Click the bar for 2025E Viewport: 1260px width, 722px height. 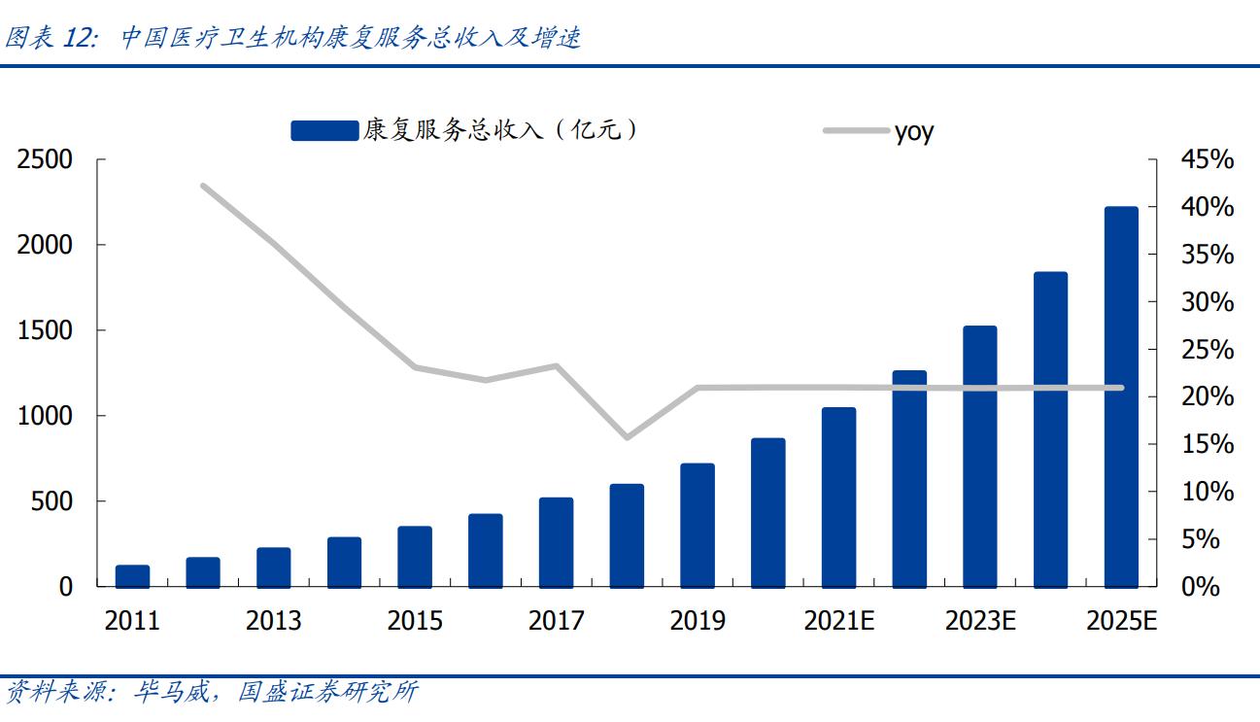1121,397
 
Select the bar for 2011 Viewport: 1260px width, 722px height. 132,576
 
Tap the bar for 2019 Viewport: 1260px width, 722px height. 698,526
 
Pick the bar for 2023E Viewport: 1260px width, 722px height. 979,457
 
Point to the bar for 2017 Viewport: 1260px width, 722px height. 556,542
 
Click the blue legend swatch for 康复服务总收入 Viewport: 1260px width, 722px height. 324,130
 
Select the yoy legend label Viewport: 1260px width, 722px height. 913,131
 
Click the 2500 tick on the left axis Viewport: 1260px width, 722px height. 45,159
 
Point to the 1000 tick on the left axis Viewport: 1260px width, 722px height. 45,416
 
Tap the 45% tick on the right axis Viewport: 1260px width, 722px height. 1207,159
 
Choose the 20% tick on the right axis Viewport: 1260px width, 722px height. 1207,397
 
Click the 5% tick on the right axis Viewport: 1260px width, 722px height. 1207,539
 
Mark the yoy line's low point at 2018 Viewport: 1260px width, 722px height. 627,437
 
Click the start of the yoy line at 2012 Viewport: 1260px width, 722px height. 203,186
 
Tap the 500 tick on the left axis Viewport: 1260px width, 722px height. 53,501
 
